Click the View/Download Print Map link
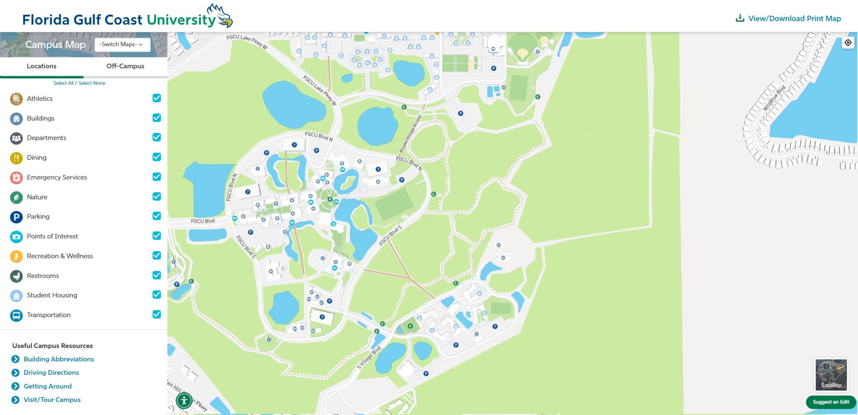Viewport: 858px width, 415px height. click(x=789, y=18)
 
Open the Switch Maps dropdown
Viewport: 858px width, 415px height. click(x=122, y=44)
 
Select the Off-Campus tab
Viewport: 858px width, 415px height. click(x=125, y=66)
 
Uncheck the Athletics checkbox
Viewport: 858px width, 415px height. click(x=156, y=98)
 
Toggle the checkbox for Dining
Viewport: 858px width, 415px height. click(x=156, y=157)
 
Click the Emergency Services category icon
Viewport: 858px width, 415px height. click(x=17, y=178)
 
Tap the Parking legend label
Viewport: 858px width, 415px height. click(x=38, y=216)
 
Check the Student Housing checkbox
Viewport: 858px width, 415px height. click(x=156, y=295)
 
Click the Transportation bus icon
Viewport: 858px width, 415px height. click(x=17, y=315)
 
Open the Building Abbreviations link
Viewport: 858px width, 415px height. click(x=59, y=359)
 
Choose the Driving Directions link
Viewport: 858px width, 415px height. click(x=51, y=373)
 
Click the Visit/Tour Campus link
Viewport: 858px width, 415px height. click(x=52, y=400)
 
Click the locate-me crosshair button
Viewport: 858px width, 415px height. click(x=848, y=43)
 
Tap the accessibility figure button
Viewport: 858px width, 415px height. click(x=184, y=401)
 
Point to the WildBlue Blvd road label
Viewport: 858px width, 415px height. click(x=774, y=98)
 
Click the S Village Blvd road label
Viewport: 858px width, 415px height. click(x=369, y=358)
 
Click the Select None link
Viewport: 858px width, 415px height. click(x=92, y=83)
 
